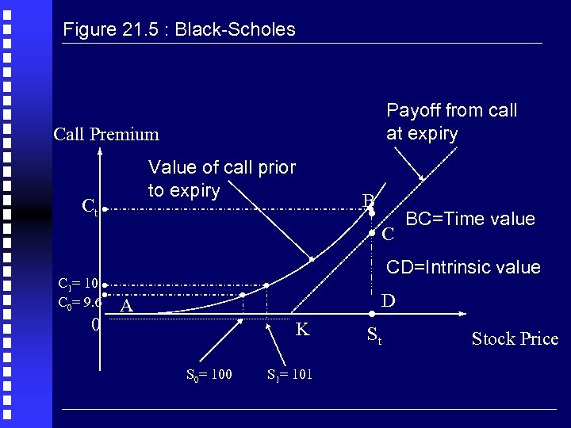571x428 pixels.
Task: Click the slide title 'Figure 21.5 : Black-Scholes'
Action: [x=178, y=30]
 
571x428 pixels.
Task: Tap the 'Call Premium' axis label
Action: [x=106, y=134]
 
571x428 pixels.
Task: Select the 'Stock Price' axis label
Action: [x=515, y=339]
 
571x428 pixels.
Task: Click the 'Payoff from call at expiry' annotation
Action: [x=451, y=121]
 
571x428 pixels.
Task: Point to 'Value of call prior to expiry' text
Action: [x=221, y=179]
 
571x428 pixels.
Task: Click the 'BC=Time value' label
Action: [x=470, y=219]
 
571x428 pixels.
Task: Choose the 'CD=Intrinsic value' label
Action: [x=463, y=267]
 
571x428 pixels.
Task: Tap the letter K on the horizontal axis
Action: [x=302, y=330]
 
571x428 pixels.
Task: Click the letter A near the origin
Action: [x=126, y=306]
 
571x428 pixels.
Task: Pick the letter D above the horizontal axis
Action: [x=389, y=301]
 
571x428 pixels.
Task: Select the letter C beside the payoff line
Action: [x=388, y=235]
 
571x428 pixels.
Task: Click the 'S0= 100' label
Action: [x=209, y=374]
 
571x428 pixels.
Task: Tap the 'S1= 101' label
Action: [x=289, y=374]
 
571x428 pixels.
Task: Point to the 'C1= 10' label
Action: [x=78, y=283]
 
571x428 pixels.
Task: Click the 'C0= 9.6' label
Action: [x=79, y=302]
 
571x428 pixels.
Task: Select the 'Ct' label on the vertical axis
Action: [x=90, y=208]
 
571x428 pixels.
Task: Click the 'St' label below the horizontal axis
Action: [x=374, y=337]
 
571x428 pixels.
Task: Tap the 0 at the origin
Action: [x=94, y=325]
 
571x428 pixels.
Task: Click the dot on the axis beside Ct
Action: [x=104, y=211]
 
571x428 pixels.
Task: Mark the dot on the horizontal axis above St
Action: [x=371, y=315]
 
